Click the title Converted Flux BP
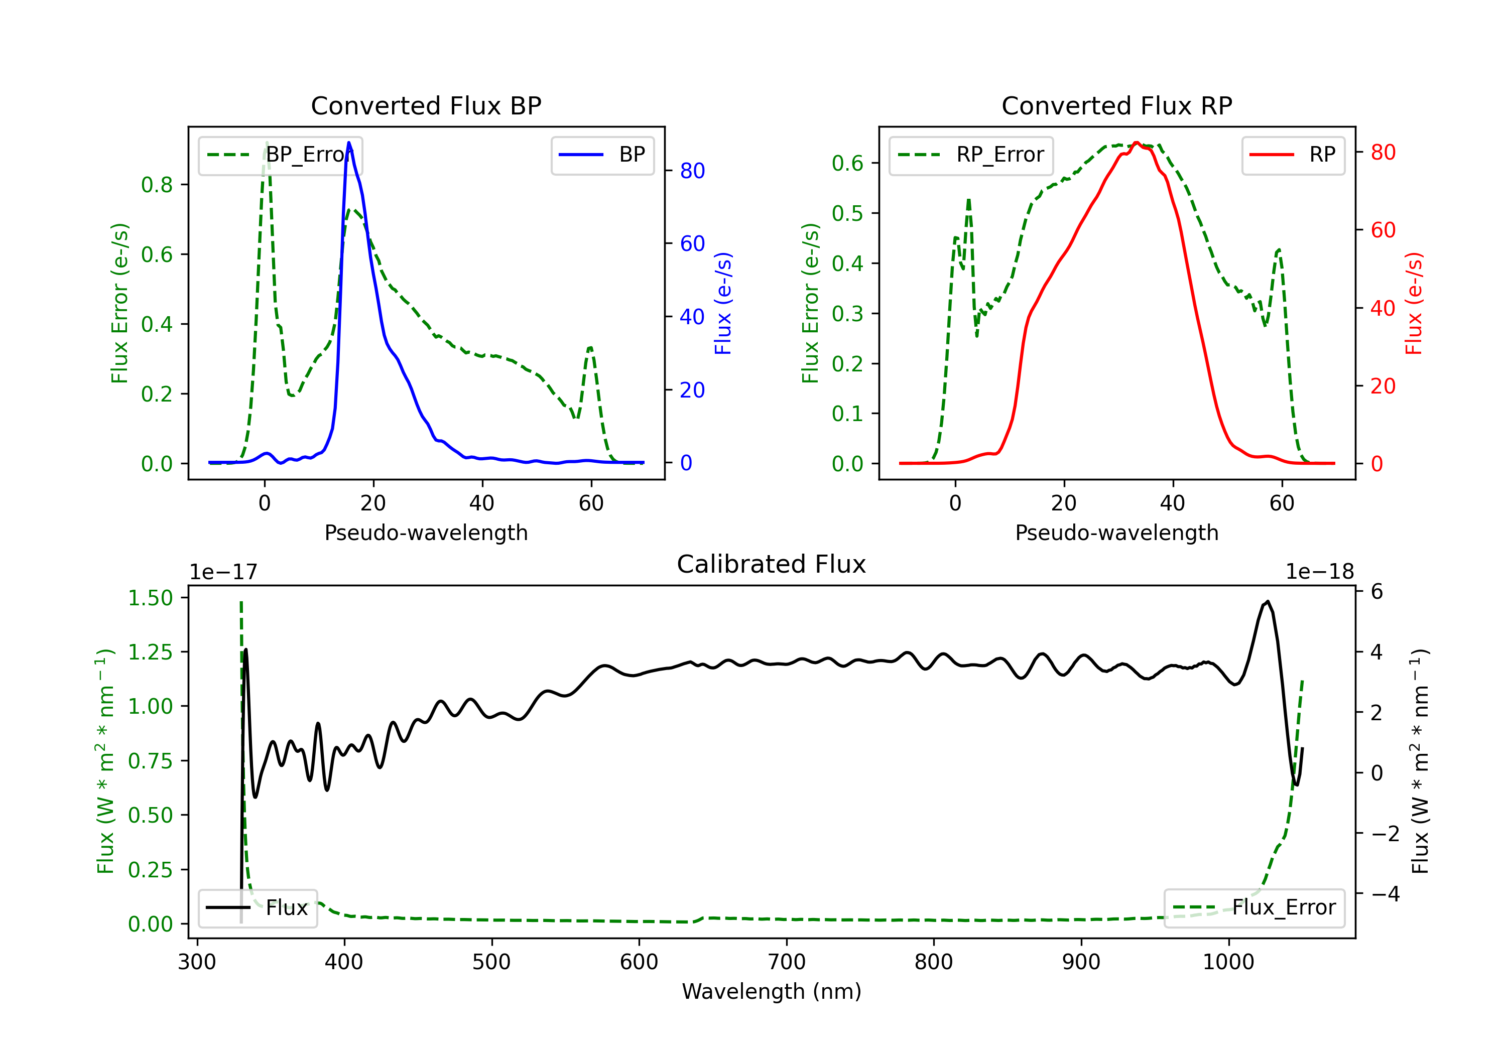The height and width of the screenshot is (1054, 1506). tap(426, 105)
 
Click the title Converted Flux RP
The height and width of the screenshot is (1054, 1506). tap(1116, 105)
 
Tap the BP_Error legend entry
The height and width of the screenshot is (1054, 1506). tap(281, 155)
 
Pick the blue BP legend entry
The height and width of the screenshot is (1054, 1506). tap(602, 155)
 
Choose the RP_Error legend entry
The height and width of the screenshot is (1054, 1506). tap(971, 155)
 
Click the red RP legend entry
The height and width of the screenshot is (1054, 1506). tap(1293, 155)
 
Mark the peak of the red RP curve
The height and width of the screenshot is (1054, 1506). tap(1137, 143)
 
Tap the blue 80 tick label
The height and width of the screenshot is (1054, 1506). tap(692, 171)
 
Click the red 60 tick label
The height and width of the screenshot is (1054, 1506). tap(1383, 230)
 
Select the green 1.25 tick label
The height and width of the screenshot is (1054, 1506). tap(150, 652)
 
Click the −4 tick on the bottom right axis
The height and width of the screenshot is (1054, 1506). tap(1385, 894)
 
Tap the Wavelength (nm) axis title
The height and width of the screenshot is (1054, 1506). tap(772, 991)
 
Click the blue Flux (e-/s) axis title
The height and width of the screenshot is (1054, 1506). tap(723, 303)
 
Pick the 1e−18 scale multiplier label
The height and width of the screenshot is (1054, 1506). tap(1319, 572)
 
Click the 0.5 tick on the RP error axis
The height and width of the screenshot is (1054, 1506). tap(847, 213)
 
